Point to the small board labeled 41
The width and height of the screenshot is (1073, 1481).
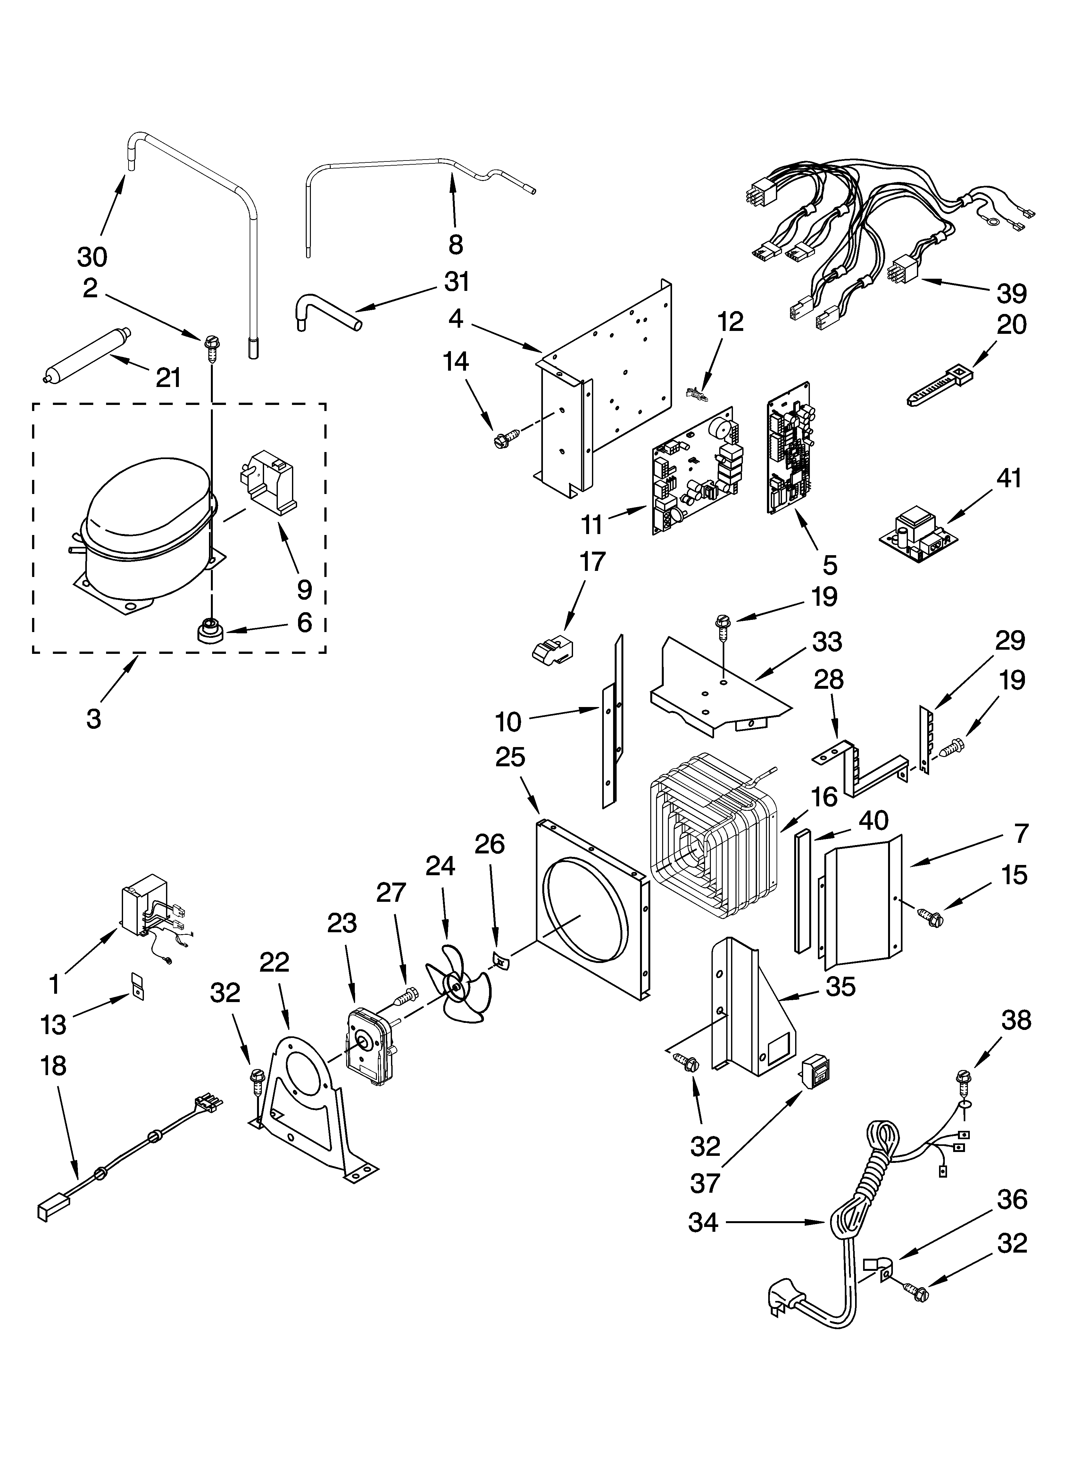[919, 537]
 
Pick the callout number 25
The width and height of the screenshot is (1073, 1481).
[510, 757]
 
